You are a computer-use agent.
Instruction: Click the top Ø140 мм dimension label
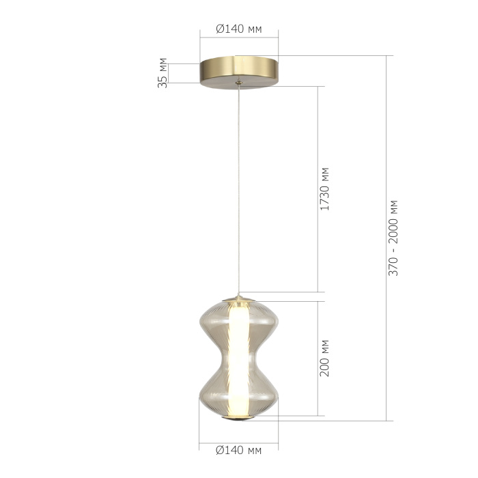(x=238, y=29)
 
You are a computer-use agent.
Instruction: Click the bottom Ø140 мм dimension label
(x=238, y=451)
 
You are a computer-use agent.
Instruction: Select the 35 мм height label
(x=163, y=73)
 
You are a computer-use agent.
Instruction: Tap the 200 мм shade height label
(x=325, y=358)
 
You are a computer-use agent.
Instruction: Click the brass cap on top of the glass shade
(x=238, y=298)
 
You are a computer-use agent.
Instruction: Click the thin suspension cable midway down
(x=238, y=191)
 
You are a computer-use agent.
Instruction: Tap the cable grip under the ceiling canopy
(x=238, y=84)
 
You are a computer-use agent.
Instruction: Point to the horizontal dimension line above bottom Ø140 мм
(x=238, y=439)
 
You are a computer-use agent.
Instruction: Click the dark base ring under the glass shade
(x=238, y=419)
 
